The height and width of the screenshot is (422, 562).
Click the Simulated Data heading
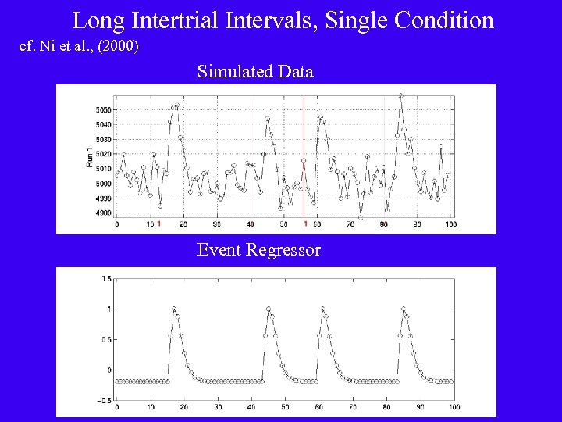pyautogui.click(x=255, y=72)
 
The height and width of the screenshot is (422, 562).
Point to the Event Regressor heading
pyautogui.click(x=258, y=250)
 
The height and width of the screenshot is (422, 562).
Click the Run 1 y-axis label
pyautogui.click(x=89, y=159)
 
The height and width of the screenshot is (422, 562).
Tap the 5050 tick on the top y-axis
pyautogui.click(x=103, y=109)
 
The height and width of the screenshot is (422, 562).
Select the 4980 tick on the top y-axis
pyautogui.click(x=103, y=213)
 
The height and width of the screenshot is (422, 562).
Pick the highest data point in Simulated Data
pyautogui.click(x=401, y=96)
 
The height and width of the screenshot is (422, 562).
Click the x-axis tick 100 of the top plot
pyautogui.click(x=450, y=224)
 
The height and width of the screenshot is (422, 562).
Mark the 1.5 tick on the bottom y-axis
pyautogui.click(x=105, y=278)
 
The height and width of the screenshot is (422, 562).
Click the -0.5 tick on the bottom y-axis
pyautogui.click(x=104, y=399)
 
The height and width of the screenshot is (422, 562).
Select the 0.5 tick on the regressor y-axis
pyautogui.click(x=105, y=339)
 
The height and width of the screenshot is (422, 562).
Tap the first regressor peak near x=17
pyautogui.click(x=174, y=309)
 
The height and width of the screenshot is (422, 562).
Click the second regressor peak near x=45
pyautogui.click(x=269, y=309)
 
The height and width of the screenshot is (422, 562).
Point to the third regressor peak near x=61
pyautogui.click(x=322, y=309)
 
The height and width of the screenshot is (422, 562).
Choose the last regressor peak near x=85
pyautogui.click(x=403, y=309)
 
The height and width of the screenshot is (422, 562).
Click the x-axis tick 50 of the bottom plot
pyautogui.click(x=286, y=407)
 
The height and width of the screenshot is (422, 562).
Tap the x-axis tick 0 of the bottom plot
pyautogui.click(x=117, y=407)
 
